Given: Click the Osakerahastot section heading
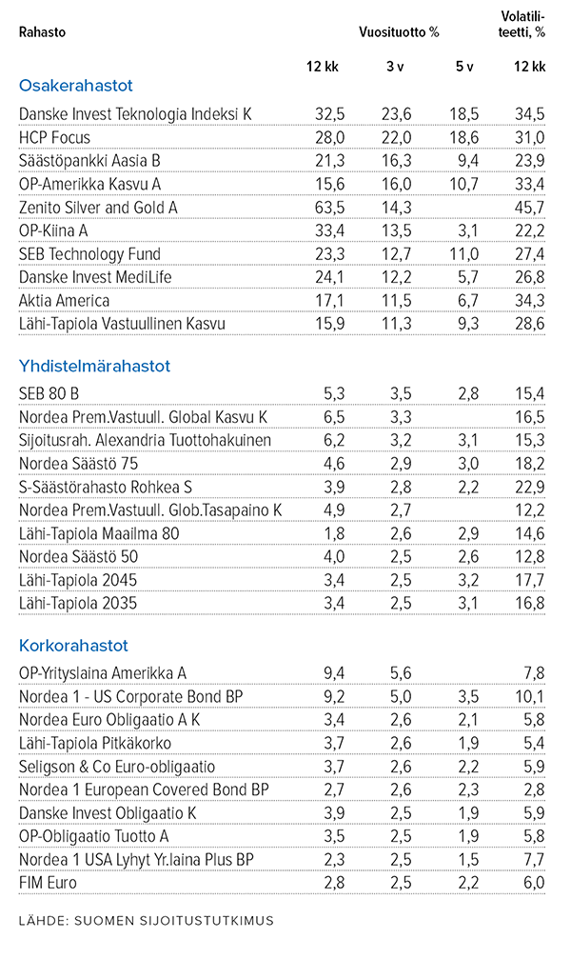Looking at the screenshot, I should coord(75,85).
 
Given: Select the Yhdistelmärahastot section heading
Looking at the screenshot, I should coord(93,365).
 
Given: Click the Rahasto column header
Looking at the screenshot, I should coord(42,31).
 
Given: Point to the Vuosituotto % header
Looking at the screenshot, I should coord(399,31).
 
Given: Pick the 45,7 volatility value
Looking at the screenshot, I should coord(529,207).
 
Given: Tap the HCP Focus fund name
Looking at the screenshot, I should coord(55,137).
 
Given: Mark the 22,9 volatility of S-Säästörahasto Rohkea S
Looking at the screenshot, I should coord(529,487).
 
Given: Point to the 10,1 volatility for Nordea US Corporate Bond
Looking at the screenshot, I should coord(529,697).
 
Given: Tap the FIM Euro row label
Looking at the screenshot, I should coord(49,883).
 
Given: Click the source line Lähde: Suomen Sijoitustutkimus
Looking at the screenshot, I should coord(147,920).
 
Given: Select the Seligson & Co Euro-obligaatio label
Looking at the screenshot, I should coord(117,767).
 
